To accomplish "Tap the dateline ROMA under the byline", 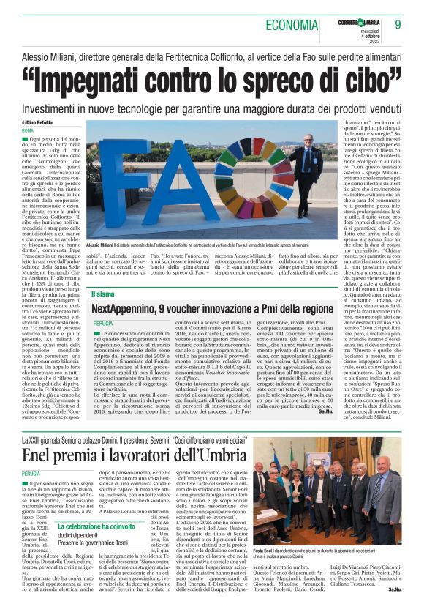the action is (28, 130).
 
